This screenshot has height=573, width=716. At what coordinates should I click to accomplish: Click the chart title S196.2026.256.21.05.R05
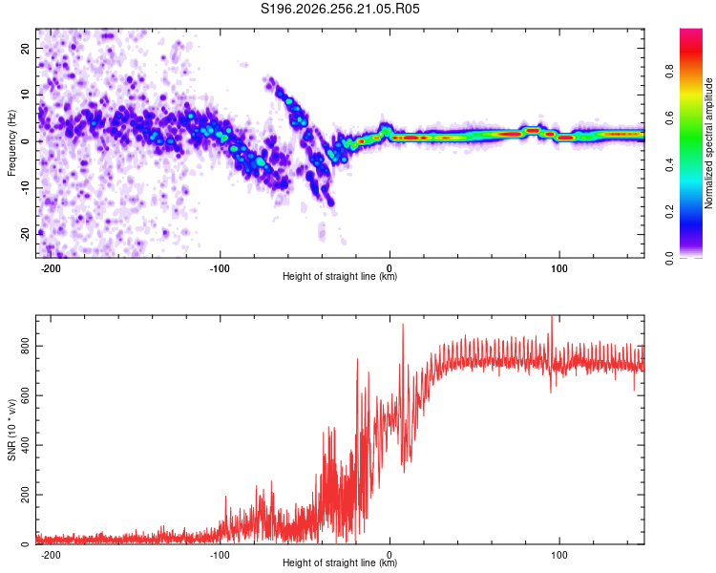340,9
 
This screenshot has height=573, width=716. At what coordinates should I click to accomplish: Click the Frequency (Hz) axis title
11,143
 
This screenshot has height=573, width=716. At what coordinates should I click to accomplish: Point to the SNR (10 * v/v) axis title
11,430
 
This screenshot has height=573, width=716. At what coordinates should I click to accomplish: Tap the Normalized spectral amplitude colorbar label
708,143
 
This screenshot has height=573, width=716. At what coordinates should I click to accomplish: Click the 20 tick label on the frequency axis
25,48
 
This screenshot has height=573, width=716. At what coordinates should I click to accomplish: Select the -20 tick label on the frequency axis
25,235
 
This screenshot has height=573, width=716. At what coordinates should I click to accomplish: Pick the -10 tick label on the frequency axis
25,188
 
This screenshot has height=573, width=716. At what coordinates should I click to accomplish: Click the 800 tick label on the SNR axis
25,346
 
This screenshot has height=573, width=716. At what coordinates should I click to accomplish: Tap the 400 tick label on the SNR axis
25,445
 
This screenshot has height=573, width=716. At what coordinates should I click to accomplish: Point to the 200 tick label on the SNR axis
25,495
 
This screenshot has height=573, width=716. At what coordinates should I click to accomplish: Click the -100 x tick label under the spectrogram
220,268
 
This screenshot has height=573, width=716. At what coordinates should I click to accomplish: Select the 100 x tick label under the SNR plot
558,555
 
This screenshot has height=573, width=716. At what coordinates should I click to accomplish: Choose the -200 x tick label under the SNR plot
51,555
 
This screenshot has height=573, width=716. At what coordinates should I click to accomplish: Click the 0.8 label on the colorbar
669,72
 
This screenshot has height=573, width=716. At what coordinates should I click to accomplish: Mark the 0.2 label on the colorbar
669,212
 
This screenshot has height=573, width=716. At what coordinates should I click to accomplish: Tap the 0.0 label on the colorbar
669,259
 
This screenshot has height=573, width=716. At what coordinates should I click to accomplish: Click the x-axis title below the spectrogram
340,276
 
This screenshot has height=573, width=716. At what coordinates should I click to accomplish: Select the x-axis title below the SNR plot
340,562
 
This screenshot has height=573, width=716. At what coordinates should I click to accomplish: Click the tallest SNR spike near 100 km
552,318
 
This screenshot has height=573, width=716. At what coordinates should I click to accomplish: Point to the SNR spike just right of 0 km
403,326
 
